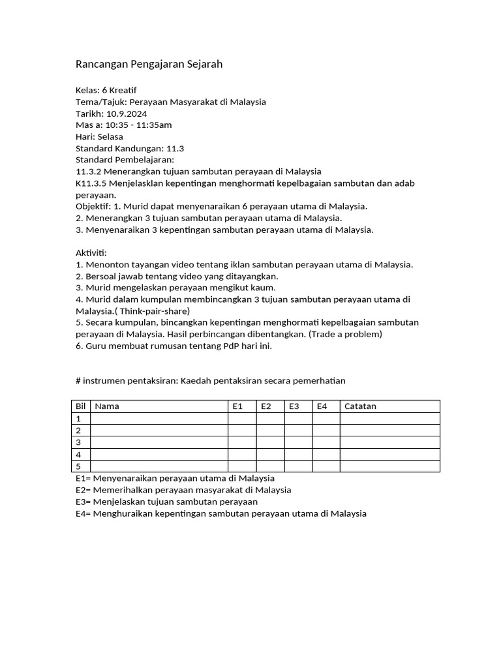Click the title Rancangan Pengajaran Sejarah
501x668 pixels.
[x=149, y=64]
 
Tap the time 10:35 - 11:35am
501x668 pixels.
[x=138, y=125]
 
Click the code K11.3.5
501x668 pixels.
[x=91, y=183]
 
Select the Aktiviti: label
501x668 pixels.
[x=91, y=252]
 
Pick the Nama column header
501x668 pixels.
[x=107, y=406]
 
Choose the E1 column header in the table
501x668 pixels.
[x=237, y=406]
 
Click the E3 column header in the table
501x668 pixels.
[x=294, y=406]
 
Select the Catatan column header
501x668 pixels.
[x=360, y=406]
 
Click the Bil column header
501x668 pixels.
[x=81, y=406]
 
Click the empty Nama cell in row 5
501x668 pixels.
[x=159, y=466]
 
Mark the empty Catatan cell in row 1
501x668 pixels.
[x=389, y=419]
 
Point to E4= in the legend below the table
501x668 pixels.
[x=83, y=514]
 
